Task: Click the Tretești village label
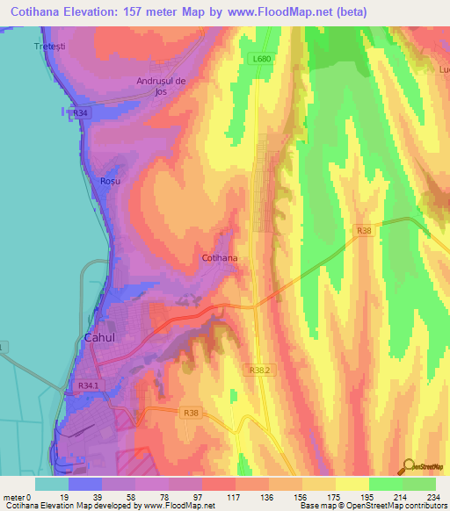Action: pos(50,45)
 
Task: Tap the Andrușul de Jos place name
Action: pos(163,86)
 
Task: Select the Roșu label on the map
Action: pos(109,180)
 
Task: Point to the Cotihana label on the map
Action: pos(220,259)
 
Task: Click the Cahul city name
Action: pos(99,337)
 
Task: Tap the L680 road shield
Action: pos(258,59)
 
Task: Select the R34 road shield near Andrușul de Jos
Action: pos(81,112)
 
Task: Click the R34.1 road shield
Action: pos(89,385)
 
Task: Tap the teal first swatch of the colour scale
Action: pos(52,484)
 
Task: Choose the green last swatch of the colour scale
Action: pos(419,484)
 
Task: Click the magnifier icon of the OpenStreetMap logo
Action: pos(407,466)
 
